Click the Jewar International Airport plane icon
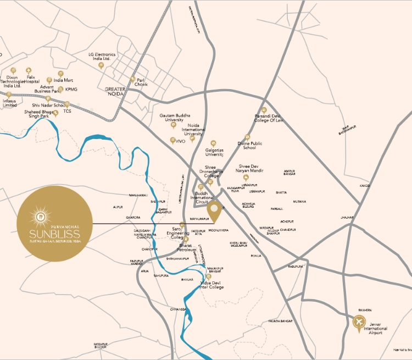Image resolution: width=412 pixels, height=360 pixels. tap(359, 322)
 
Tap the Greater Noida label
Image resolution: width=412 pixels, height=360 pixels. tap(115, 91)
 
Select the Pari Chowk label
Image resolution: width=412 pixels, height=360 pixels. tap(142, 82)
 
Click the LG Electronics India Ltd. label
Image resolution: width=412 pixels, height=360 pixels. tap(102, 57)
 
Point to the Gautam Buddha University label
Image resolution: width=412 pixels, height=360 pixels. tap(174, 118)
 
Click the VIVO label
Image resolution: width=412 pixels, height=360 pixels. tap(180, 141)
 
